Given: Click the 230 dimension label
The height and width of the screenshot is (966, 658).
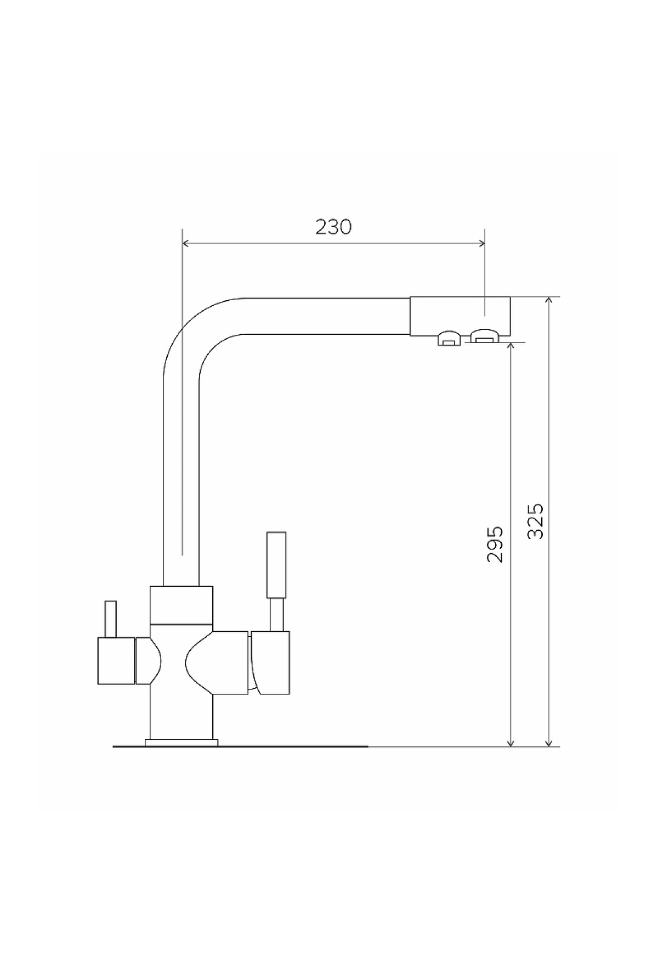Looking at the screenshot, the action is tap(333, 227).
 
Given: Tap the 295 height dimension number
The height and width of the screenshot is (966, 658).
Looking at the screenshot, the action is tap(495, 544).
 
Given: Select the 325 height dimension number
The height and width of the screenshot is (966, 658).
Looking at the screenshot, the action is tap(535, 521).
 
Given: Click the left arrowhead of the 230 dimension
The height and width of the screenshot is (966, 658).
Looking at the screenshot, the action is tap(185, 243).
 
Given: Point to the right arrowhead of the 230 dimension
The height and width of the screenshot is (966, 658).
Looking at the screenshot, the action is tap(481, 243).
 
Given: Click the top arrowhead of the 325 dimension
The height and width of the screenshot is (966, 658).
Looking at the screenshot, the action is tap(549, 301).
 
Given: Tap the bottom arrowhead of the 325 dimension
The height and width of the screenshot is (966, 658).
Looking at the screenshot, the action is tap(549, 743).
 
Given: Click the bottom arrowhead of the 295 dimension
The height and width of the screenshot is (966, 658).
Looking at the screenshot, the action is tap(510, 743).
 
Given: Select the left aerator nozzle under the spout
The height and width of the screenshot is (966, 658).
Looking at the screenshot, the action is tap(448, 339).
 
